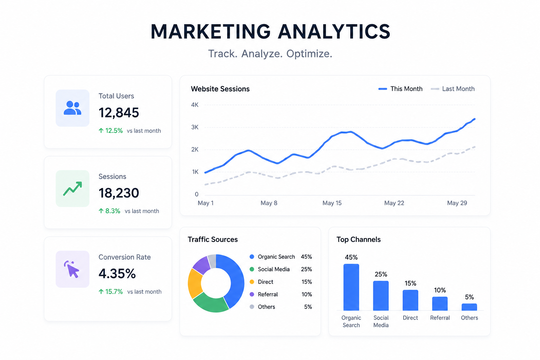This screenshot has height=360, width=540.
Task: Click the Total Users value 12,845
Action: (x=118, y=112)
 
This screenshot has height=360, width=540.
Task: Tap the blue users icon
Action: (x=72, y=108)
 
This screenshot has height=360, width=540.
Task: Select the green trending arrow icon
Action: (x=72, y=188)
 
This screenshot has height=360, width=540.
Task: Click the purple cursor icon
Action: (x=72, y=269)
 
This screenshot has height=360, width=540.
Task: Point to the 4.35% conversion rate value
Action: (x=117, y=274)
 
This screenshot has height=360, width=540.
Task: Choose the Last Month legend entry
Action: (x=452, y=89)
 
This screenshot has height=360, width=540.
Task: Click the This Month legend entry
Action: (x=400, y=89)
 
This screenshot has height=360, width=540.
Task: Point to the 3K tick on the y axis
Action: (x=195, y=127)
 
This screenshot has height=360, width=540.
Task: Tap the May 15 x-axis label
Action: (x=332, y=203)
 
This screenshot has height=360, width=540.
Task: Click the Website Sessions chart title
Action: (x=220, y=89)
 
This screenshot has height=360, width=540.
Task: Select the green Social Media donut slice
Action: (x=210, y=303)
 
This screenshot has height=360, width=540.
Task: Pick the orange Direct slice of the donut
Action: (x=195, y=284)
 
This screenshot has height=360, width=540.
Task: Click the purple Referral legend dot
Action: (x=252, y=294)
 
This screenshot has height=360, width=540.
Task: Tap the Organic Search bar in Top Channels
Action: (x=351, y=287)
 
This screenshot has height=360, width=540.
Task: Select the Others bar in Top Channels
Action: (x=469, y=307)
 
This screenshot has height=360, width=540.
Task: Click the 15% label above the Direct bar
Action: (x=410, y=283)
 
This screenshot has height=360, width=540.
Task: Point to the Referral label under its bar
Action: (x=440, y=318)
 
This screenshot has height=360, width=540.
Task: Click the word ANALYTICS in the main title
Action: (x=334, y=32)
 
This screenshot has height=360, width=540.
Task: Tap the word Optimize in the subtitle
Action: (x=309, y=54)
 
